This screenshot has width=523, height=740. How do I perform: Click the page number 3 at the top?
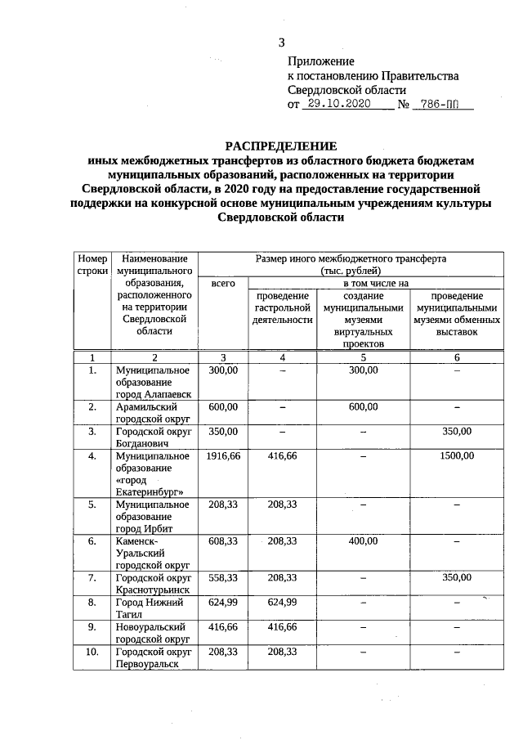pos(282,43)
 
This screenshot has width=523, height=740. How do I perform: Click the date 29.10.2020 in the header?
pos(337,105)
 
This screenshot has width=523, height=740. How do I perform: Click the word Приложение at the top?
pos(320,61)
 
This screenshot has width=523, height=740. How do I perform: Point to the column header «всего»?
pos(222,283)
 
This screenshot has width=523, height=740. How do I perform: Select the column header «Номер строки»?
pos(92,263)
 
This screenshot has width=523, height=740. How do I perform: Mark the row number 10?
pos(92,652)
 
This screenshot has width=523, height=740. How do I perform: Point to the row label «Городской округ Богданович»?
pos(152,437)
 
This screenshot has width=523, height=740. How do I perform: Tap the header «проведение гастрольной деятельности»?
pos(282,308)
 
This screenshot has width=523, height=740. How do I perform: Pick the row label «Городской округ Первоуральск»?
pos(152,658)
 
